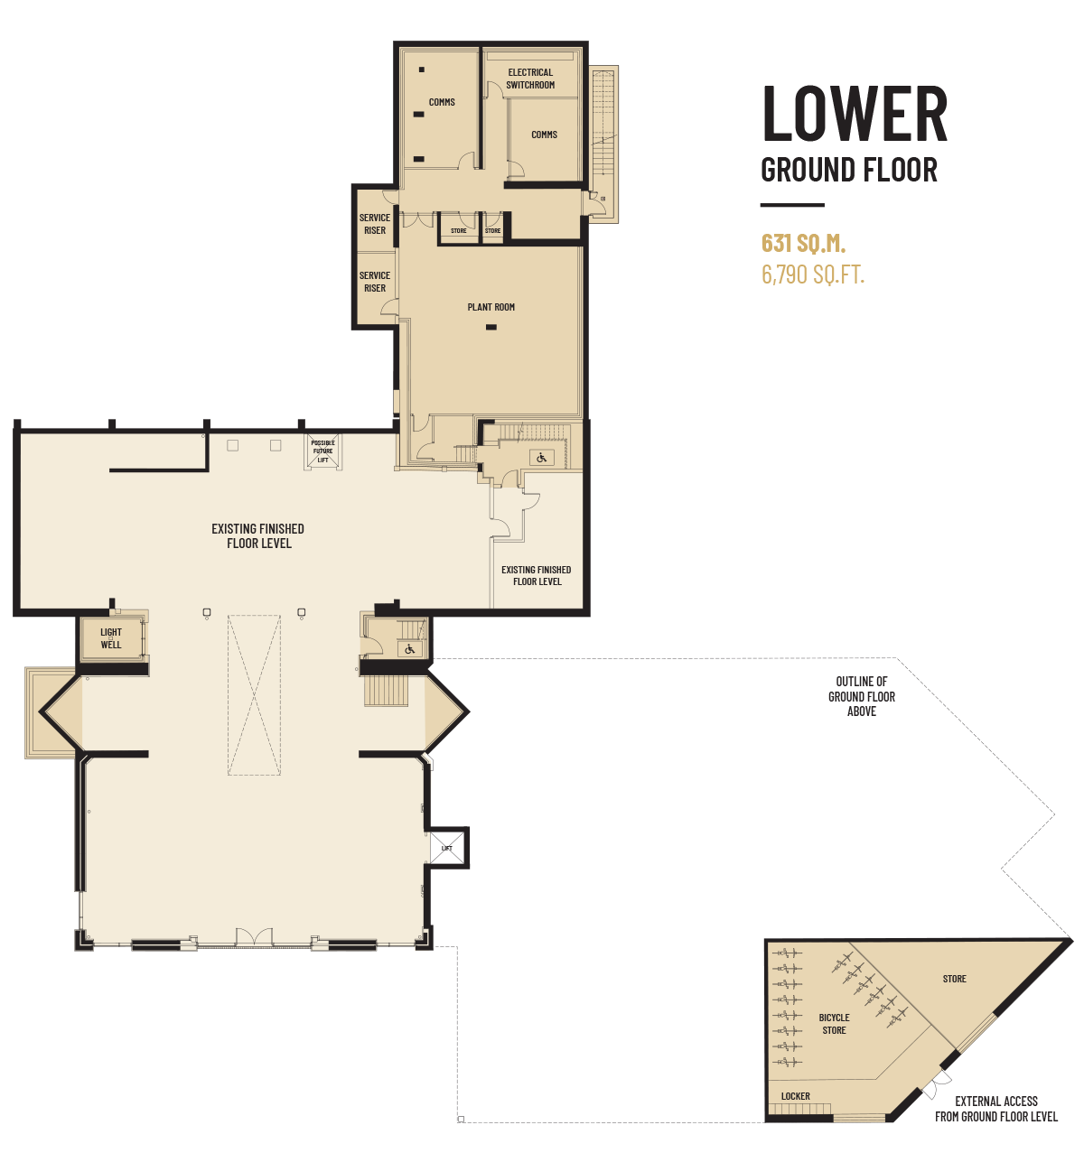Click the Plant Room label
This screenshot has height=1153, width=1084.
click(x=491, y=307)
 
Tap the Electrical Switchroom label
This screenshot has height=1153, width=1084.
click(x=530, y=79)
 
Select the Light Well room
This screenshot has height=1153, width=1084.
click(x=111, y=638)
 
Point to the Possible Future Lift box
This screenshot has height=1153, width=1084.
click(x=323, y=451)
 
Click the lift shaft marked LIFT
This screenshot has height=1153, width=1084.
click(x=447, y=848)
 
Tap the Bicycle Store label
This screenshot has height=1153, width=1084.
click(x=834, y=1024)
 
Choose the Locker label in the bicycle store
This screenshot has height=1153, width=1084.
click(x=795, y=1096)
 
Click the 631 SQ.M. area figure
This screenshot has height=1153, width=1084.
click(x=803, y=243)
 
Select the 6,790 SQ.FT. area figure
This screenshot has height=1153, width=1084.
click(x=813, y=274)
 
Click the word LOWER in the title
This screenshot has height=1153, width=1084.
click(x=855, y=113)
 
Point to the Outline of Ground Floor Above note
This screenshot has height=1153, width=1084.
click(x=862, y=696)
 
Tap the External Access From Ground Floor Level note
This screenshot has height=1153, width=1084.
click(x=996, y=1108)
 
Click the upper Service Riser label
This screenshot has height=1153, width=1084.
click(x=375, y=224)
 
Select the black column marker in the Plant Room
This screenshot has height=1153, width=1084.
click(x=491, y=328)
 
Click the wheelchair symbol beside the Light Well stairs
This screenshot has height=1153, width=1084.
click(x=409, y=649)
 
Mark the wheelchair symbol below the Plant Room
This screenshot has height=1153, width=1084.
click(x=541, y=459)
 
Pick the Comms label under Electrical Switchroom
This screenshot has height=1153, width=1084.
click(x=545, y=135)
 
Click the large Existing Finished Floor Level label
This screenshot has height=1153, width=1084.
click(x=258, y=535)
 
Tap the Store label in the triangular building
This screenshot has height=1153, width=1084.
click(x=955, y=979)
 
